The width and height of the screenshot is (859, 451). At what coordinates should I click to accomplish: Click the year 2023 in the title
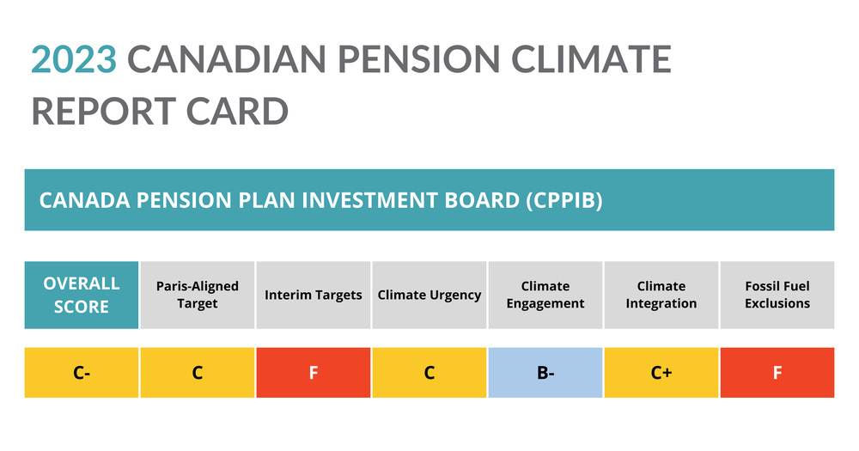(x=73, y=59)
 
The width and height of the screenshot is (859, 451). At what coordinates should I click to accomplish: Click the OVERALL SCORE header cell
(x=82, y=295)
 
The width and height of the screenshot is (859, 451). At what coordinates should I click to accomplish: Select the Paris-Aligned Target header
(x=198, y=295)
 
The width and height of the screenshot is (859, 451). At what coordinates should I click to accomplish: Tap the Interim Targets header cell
(x=314, y=295)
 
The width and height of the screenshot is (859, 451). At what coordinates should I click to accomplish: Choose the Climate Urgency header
(x=429, y=295)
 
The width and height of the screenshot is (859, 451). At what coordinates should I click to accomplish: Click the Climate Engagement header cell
(x=545, y=295)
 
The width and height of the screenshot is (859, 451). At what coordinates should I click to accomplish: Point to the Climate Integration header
(x=661, y=295)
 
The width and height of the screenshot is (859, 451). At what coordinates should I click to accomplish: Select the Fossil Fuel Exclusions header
(x=777, y=295)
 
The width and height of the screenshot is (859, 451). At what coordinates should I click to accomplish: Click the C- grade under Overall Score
(x=82, y=373)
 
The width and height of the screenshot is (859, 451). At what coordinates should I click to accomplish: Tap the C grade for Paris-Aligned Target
(x=198, y=373)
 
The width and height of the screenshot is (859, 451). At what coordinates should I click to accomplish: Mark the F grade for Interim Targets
(x=314, y=373)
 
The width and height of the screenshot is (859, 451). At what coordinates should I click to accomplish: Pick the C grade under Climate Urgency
(x=429, y=373)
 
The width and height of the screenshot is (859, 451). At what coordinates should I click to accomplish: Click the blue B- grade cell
(x=545, y=373)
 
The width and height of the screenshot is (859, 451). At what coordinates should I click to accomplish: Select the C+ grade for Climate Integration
(x=661, y=373)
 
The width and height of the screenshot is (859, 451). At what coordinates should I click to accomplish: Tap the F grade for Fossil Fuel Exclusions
(x=777, y=373)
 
